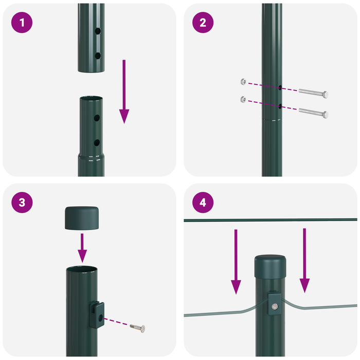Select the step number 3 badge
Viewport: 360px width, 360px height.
click(22, 202)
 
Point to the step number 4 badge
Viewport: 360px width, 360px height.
click(203, 202)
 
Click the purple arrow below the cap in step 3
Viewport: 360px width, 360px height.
click(82, 247)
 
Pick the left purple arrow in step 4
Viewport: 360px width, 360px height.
click(236, 262)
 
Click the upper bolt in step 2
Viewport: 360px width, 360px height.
click(313, 94)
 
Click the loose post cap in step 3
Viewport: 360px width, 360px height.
click(82, 218)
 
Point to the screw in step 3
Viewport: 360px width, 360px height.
click(137, 327)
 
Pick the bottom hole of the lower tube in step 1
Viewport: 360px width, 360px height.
click(97, 142)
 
